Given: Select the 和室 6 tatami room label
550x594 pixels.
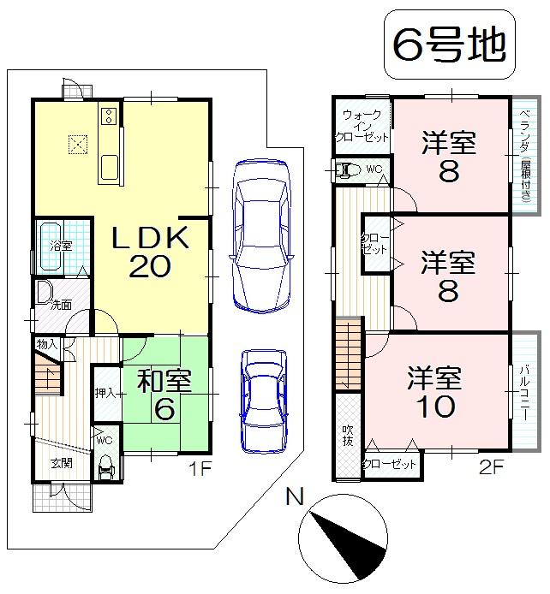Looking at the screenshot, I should pos(165,395).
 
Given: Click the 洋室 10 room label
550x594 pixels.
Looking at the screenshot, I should pos(434,392).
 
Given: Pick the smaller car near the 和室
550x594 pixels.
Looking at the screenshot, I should pos(261,398).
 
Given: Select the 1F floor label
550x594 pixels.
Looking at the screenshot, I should pos(200,469).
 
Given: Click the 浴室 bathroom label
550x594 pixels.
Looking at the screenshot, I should pos(59,245).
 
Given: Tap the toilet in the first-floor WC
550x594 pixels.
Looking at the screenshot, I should pos(106,467).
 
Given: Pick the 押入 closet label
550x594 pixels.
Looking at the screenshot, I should pos(106,394).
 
